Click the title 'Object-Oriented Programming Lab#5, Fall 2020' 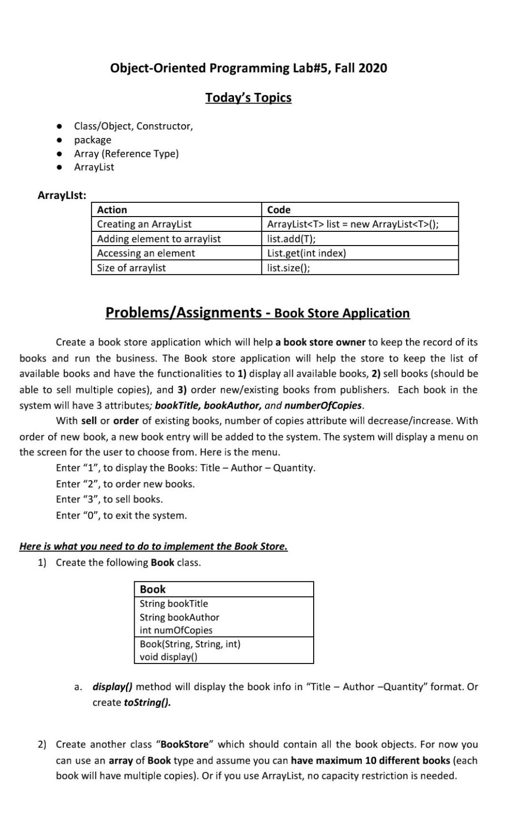[248, 68]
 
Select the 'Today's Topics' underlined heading [248, 98]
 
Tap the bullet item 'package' [92, 140]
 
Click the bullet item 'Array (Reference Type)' [126, 154]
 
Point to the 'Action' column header [112, 210]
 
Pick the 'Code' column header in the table [279, 210]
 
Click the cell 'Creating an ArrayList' [144, 224]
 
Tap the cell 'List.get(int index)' [306, 253]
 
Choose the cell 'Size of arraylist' [131, 268]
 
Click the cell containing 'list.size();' [288, 268]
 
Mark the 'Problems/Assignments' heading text [183, 313]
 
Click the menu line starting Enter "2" [125, 484]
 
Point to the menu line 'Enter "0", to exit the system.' [121, 516]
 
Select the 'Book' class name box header [153, 589]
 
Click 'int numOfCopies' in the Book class [176, 630]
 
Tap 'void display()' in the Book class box [168, 657]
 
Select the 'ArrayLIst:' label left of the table [62, 195]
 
